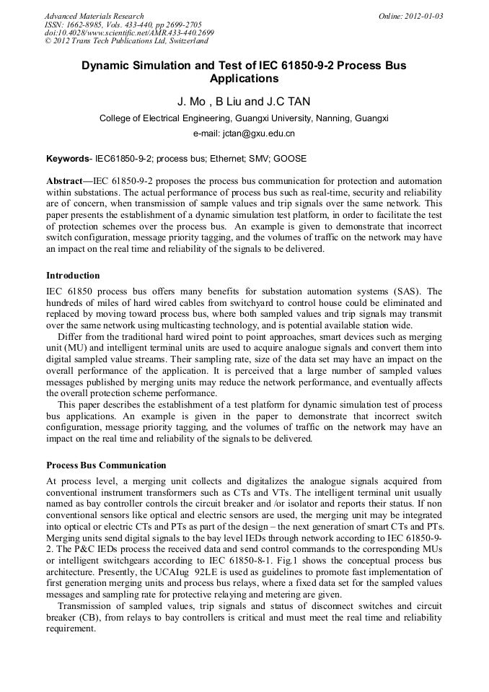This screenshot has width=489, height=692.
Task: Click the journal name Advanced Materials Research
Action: tap(94, 16)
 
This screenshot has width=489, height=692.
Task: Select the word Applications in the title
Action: tap(244, 78)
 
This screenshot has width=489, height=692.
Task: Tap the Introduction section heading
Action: tap(73, 276)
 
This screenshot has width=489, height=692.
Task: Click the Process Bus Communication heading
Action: tap(106, 465)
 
